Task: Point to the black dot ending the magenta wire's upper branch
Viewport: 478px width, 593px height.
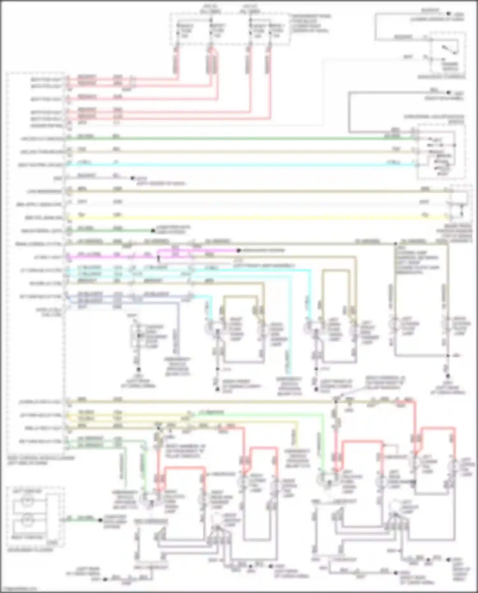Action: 238,251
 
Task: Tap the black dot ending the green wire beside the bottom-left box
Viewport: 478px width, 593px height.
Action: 100,520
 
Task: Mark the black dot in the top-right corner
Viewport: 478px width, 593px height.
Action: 448,14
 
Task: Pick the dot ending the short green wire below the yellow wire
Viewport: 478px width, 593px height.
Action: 153,230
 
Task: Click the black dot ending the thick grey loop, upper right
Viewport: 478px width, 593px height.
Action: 448,93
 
